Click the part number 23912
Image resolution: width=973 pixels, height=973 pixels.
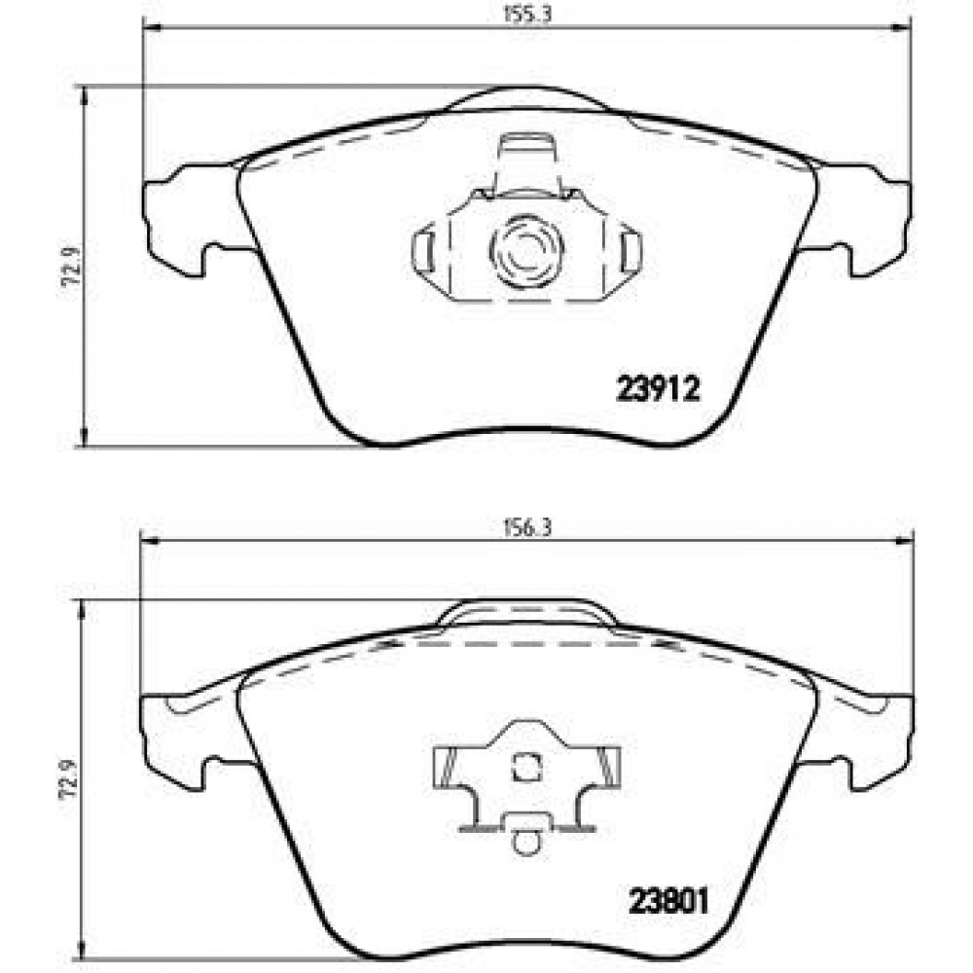tap(657, 390)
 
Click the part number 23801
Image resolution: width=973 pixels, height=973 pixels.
tap(668, 901)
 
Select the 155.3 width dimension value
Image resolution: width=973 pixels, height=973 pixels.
tap(526, 14)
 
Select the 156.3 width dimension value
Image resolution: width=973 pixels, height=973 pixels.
tap(526, 527)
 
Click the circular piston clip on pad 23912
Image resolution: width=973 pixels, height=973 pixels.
tap(526, 251)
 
